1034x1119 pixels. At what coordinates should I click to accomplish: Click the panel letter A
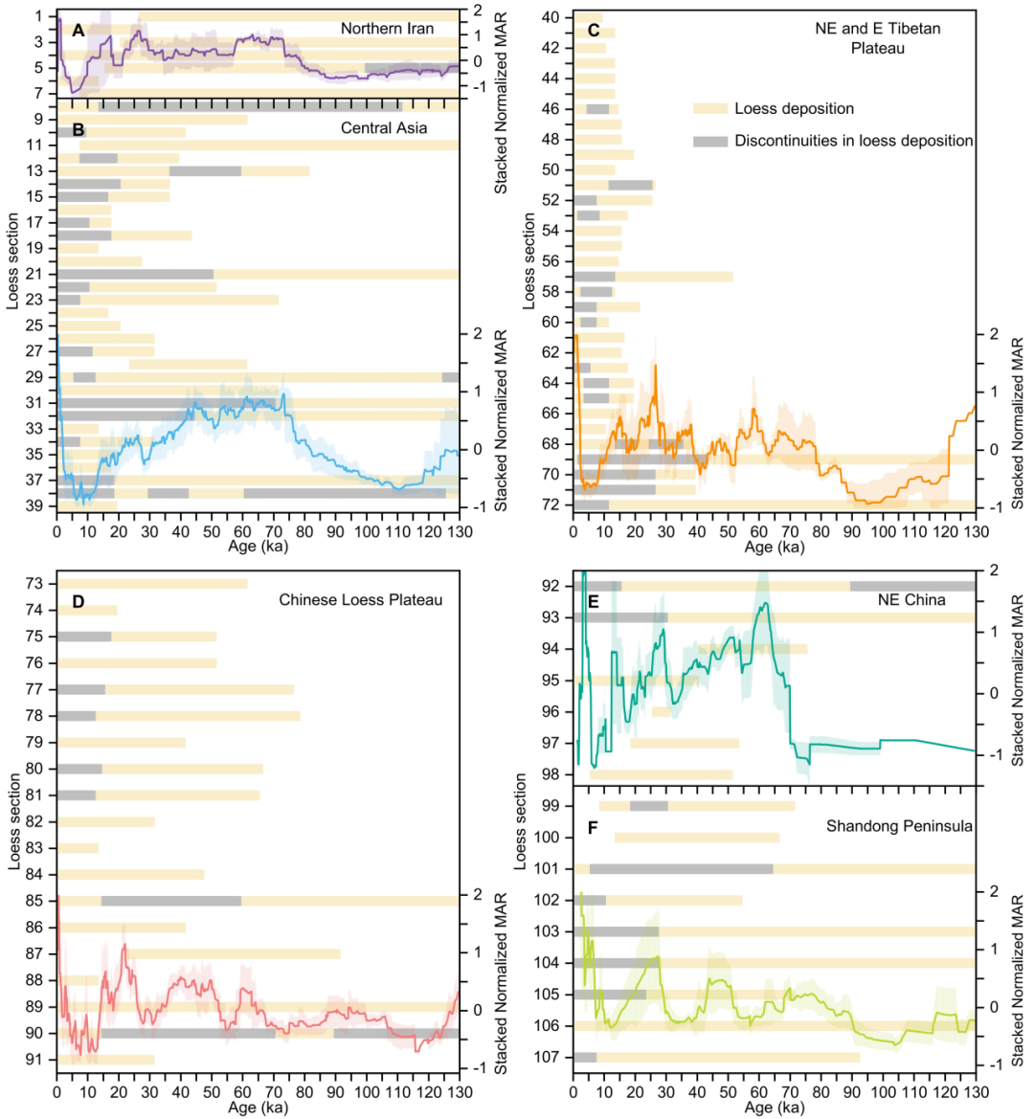pyautogui.click(x=79, y=31)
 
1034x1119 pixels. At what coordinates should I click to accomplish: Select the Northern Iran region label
pyautogui.click(x=387, y=29)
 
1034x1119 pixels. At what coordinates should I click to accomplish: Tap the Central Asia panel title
pyautogui.click(x=384, y=127)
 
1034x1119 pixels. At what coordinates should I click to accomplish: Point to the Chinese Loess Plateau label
pyautogui.click(x=361, y=600)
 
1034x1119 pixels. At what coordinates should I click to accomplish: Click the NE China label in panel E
pyautogui.click(x=911, y=600)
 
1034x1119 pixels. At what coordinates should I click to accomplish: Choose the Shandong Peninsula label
pyautogui.click(x=900, y=826)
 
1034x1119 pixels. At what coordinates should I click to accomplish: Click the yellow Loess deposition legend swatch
pyautogui.click(x=710, y=109)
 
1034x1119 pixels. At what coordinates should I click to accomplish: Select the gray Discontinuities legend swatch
pyautogui.click(x=710, y=141)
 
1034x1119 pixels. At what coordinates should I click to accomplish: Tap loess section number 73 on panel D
pyautogui.click(x=34, y=584)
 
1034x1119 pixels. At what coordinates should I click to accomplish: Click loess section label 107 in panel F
pyautogui.click(x=547, y=1058)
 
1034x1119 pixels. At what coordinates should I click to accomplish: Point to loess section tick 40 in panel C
pyautogui.click(x=551, y=17)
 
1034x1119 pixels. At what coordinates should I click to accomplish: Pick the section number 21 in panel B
pyautogui.click(x=34, y=275)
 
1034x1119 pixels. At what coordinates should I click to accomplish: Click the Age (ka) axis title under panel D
pyautogui.click(x=258, y=1108)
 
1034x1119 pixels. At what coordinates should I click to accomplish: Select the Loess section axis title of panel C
pyautogui.click(x=529, y=260)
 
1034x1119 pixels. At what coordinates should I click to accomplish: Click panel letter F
pyautogui.click(x=593, y=827)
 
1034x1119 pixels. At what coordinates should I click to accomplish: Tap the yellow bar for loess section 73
pyautogui.click(x=153, y=584)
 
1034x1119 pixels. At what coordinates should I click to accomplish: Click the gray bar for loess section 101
pyautogui.click(x=681, y=869)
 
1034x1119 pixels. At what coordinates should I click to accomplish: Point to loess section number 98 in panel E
pyautogui.click(x=551, y=774)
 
